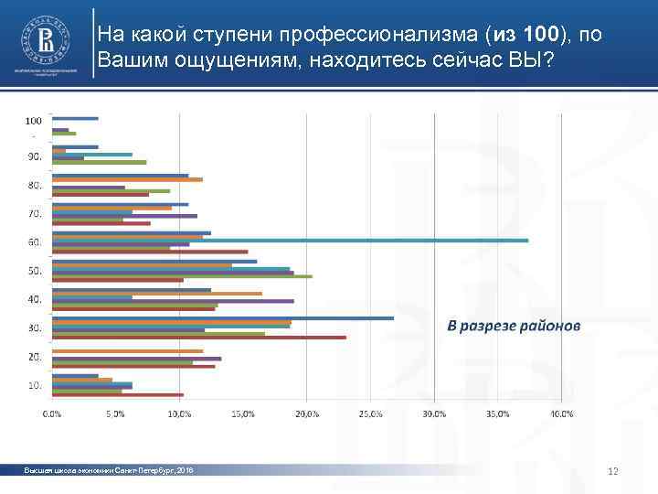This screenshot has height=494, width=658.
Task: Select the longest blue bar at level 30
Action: (x=223, y=317)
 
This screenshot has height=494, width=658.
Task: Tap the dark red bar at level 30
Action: (x=199, y=338)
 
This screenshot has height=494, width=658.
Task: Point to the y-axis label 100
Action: (x=33, y=120)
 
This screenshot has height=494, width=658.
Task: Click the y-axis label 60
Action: (x=35, y=242)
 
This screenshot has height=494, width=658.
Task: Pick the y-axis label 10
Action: (x=35, y=385)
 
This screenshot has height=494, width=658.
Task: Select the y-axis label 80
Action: (x=35, y=186)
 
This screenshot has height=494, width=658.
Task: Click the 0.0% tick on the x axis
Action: (x=53, y=414)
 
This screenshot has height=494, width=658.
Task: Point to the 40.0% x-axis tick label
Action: (x=561, y=414)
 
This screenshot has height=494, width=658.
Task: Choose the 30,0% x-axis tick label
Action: (x=434, y=414)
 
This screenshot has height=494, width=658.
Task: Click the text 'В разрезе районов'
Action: (x=513, y=327)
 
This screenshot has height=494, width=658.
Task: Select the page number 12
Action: (x=613, y=471)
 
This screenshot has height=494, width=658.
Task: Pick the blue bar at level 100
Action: (x=75, y=118)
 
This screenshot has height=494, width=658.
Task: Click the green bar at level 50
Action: (x=183, y=276)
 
